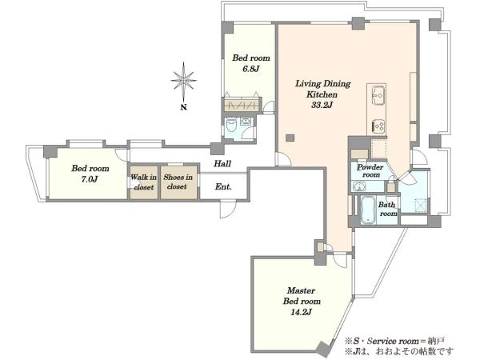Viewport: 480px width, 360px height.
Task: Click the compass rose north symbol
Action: tap(183, 81)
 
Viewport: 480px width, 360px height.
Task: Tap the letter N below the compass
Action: tap(183, 107)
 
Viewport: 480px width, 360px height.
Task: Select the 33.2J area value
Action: tap(322, 105)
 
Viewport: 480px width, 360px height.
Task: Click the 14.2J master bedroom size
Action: tap(301, 312)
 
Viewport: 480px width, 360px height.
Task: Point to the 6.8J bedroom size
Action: tap(251, 69)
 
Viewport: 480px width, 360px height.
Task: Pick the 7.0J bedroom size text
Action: tap(90, 179)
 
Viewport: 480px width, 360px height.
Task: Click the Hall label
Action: tap(222, 163)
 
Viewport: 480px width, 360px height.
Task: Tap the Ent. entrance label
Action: tap(223, 186)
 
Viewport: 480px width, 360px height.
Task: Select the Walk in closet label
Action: tap(143, 182)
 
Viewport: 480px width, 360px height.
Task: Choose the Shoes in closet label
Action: tap(178, 182)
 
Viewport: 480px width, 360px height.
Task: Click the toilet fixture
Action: tap(231, 125)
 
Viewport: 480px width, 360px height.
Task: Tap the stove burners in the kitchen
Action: tap(378, 126)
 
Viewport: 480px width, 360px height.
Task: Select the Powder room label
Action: tap(370, 171)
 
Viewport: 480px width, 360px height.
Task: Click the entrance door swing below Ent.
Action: tap(227, 209)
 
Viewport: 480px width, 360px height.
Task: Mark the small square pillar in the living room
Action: tap(290, 138)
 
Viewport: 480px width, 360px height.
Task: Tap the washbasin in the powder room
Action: tap(358, 186)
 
